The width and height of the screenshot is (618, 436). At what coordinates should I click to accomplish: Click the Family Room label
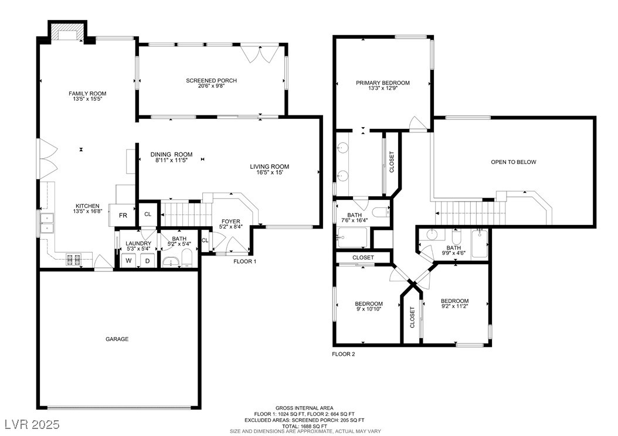tap(87, 93)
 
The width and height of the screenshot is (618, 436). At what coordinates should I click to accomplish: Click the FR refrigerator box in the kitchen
tap(123, 216)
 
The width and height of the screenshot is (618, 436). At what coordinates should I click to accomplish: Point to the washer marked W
tap(128, 260)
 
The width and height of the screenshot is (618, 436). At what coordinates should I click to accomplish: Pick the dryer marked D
tap(148, 260)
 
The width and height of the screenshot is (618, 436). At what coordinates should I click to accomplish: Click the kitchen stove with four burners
tap(73, 260)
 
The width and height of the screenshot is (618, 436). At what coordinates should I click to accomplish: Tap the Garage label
tap(117, 339)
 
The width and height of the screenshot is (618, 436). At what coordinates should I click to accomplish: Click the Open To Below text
tap(514, 162)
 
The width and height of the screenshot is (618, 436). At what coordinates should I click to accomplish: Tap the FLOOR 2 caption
tap(344, 354)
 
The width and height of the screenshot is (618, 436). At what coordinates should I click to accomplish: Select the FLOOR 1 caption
tap(245, 261)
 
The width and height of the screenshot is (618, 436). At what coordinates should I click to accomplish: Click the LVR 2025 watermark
tap(32, 424)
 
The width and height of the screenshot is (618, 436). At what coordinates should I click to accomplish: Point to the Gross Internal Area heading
tap(304, 408)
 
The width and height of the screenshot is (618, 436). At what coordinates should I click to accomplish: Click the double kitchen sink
tap(46, 223)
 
